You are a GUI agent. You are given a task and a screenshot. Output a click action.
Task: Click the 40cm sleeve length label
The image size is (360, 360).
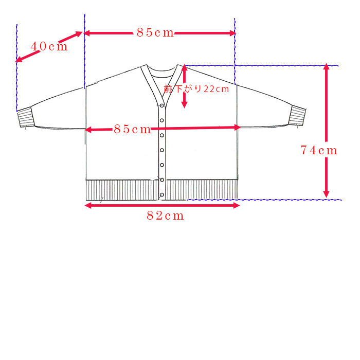point(49,46)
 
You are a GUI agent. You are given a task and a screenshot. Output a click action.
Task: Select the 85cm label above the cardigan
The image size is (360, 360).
point(155,32)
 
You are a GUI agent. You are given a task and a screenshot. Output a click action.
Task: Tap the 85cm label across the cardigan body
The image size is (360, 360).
point(132,129)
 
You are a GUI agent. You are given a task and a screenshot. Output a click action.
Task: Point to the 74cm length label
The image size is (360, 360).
point(319,150)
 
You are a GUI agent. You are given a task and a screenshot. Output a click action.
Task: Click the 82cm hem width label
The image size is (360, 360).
point(165,216)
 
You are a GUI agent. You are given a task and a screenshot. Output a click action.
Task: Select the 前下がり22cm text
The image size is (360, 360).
point(196,89)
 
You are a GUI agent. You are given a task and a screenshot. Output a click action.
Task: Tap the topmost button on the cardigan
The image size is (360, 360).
point(162,105)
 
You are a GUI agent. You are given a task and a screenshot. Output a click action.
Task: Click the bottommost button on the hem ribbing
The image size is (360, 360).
point(162,195)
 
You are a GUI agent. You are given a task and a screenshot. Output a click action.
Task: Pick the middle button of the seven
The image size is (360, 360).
point(162,150)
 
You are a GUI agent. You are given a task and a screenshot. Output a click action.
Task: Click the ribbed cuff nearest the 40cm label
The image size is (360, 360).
point(26,117)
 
